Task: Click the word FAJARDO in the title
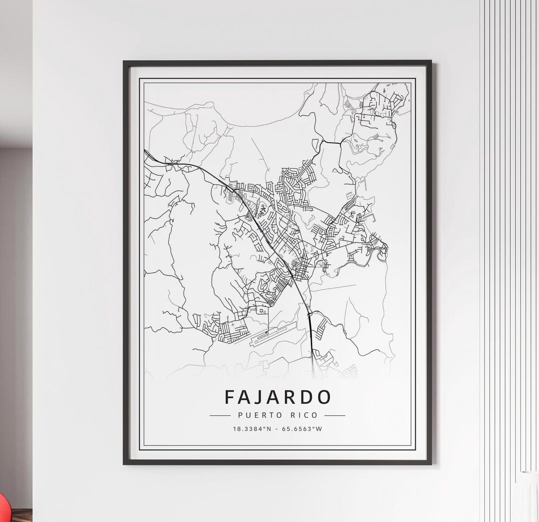click(x=277, y=397)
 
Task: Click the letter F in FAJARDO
click(x=230, y=397)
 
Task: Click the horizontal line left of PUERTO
click(x=219, y=415)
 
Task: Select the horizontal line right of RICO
click(x=335, y=415)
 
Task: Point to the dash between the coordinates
click(x=277, y=429)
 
